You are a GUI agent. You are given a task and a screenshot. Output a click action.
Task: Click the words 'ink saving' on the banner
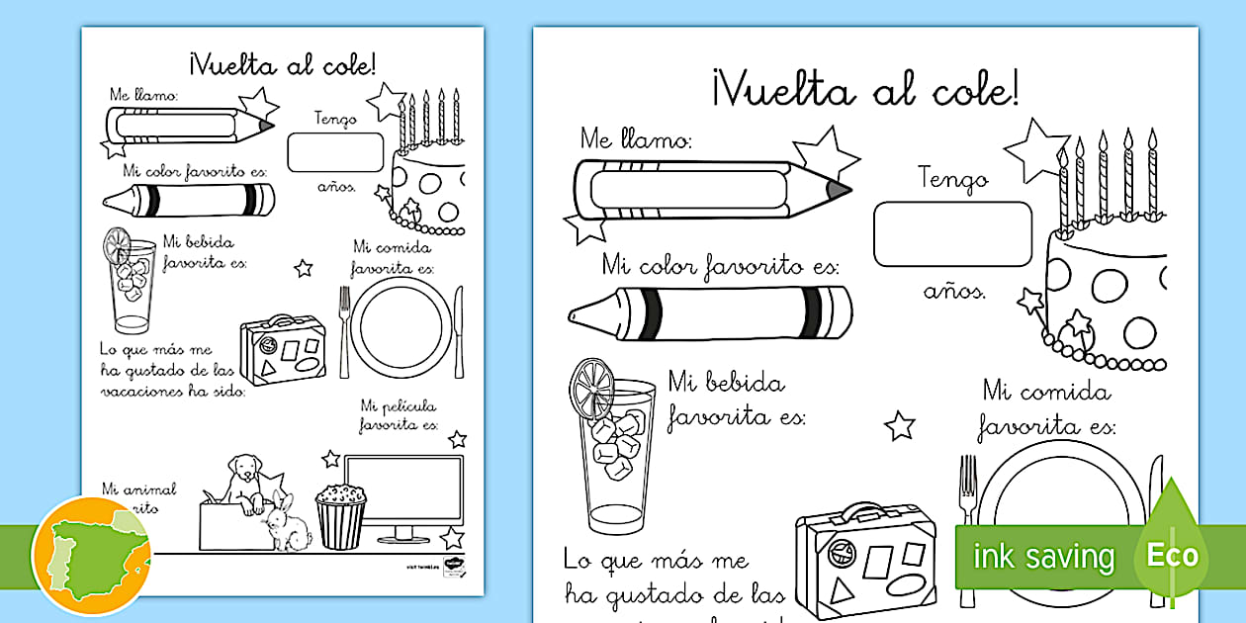[1043, 556]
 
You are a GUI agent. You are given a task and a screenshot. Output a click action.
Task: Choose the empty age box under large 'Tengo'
[951, 234]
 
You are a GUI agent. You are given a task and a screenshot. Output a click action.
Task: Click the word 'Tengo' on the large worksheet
[952, 179]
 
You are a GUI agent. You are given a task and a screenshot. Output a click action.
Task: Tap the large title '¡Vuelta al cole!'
[863, 90]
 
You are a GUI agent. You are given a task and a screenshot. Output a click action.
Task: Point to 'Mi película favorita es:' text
[398, 415]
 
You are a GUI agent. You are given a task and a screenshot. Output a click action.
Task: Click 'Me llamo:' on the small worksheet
[144, 95]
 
